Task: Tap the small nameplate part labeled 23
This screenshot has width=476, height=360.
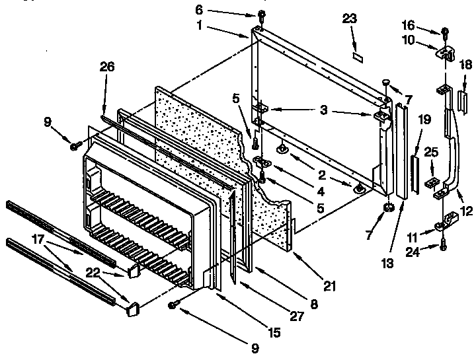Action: (x=358, y=57)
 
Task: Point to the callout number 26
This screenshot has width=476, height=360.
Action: (x=107, y=66)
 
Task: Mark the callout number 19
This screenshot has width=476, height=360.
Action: (x=424, y=120)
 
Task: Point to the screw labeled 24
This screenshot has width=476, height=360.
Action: (x=442, y=248)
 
